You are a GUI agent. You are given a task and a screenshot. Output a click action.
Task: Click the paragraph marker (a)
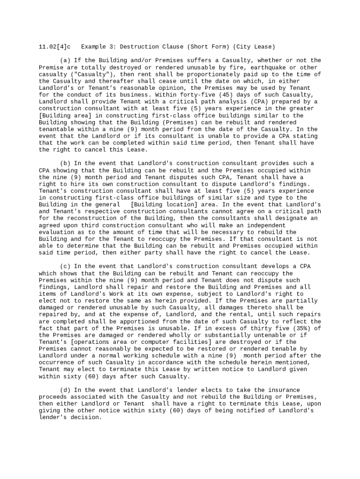(x=65, y=60)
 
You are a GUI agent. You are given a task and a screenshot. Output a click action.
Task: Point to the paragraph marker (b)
(x=65, y=163)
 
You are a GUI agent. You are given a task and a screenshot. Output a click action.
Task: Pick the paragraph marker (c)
(x=65, y=267)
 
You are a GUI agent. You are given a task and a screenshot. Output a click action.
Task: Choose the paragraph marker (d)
(x=65, y=390)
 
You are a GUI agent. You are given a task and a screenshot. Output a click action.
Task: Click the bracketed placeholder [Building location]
(x=164, y=204)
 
